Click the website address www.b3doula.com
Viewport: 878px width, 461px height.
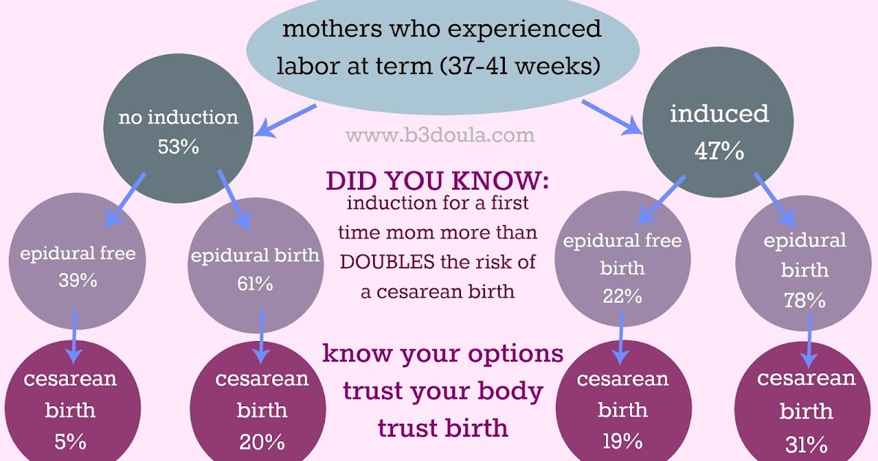[x=440, y=135]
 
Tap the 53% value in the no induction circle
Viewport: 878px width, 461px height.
[x=179, y=146]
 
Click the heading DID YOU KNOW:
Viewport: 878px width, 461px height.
[x=437, y=181]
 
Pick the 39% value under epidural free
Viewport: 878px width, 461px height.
[x=78, y=280]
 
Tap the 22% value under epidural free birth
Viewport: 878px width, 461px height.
[x=623, y=296]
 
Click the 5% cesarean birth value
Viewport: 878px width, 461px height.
[x=70, y=441]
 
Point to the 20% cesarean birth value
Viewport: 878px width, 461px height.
[x=261, y=441]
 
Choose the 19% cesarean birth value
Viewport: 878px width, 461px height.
[x=623, y=441]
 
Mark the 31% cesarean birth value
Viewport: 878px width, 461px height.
[x=806, y=443]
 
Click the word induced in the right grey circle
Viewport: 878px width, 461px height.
[x=719, y=114]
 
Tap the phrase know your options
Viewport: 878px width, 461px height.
[x=443, y=353]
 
